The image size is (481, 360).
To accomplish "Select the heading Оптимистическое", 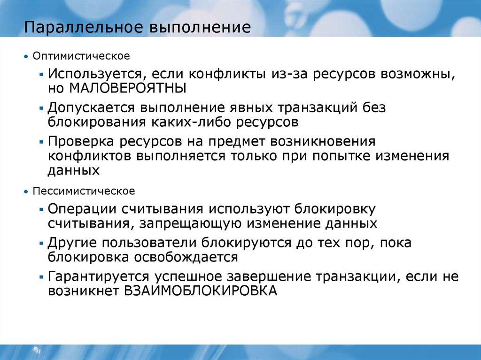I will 81,56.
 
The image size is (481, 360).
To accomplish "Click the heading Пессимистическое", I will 84,191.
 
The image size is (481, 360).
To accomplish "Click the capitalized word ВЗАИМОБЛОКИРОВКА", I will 201,291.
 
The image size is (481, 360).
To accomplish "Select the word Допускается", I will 90,108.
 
